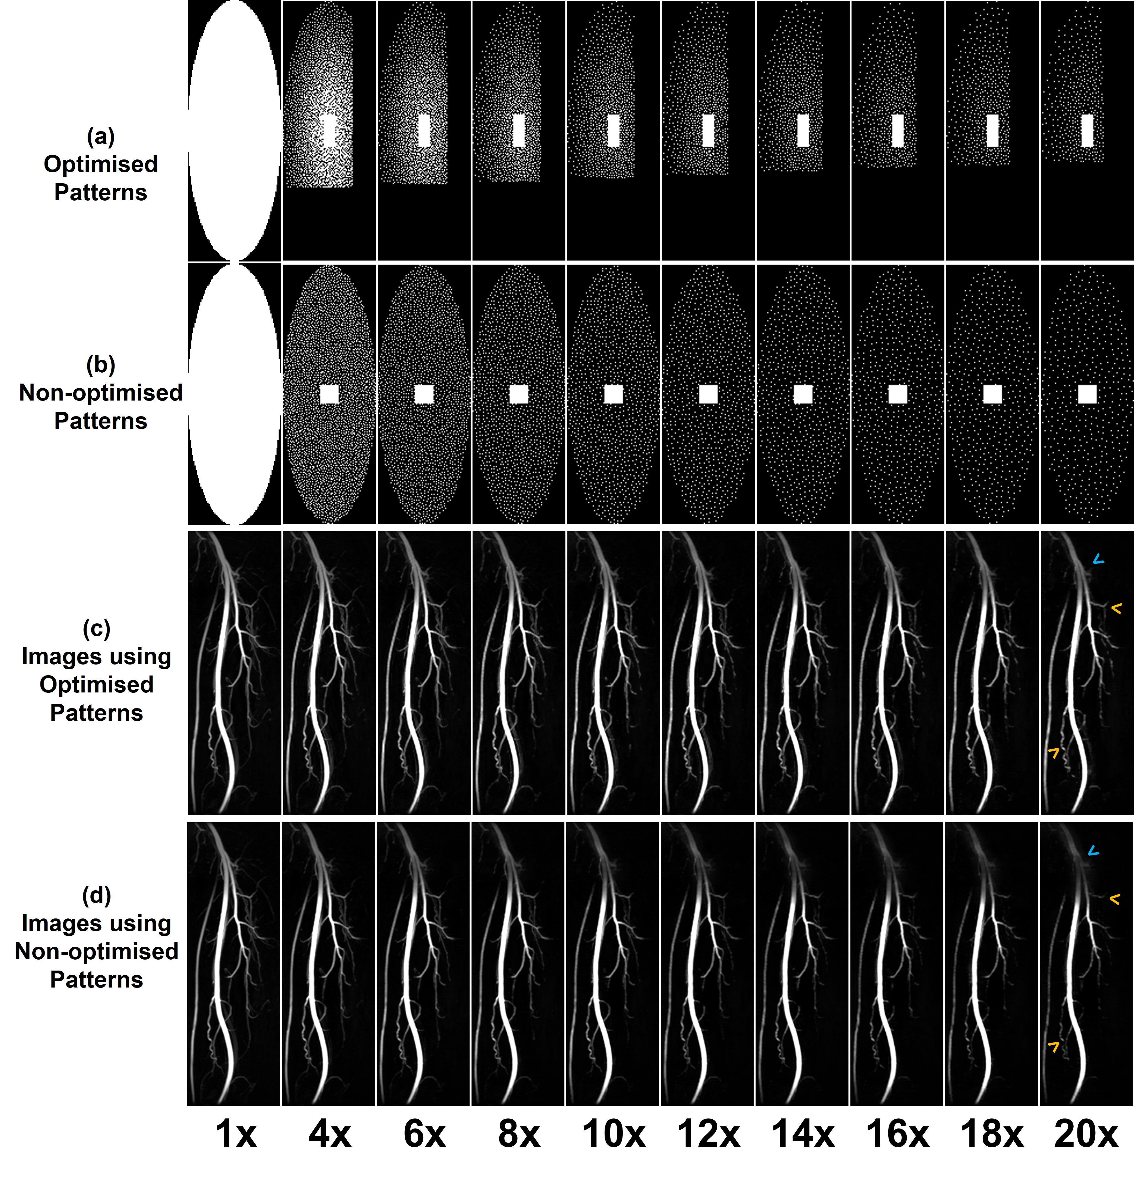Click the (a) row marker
[100, 137]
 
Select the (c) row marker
[96, 629]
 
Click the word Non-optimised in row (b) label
[100, 393]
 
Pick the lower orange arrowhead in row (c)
[1054, 752]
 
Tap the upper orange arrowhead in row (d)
[1114, 899]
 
